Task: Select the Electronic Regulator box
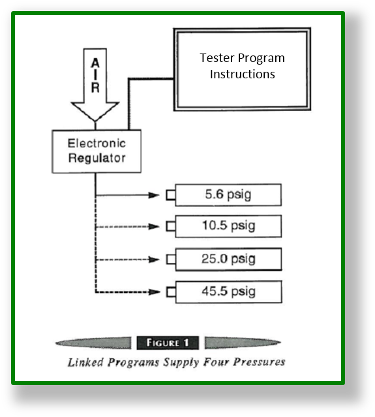pos(97,151)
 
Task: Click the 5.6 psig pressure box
pos(228,194)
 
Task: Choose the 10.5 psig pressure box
pos(228,226)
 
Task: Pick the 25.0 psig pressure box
pos(228,259)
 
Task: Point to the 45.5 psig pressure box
pos(228,291)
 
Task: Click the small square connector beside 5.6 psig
pos(171,194)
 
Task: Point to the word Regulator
pos(97,158)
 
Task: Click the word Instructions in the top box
pos(242,74)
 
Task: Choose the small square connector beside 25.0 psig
pos(171,259)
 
